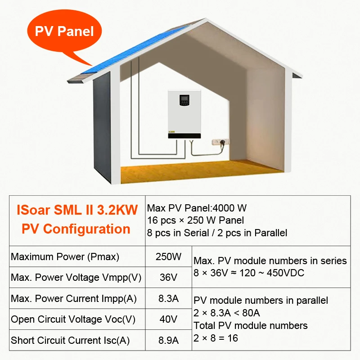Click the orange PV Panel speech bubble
64,32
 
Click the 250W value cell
168,257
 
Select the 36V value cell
168,278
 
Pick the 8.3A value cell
168,298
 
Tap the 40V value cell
168,319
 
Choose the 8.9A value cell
168,340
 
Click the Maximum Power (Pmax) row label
65,257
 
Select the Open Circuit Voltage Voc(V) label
73,319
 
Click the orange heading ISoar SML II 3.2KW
76,210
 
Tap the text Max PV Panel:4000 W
197,208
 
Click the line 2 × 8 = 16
216,338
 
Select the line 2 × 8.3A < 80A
226,313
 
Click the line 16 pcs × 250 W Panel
196,220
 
